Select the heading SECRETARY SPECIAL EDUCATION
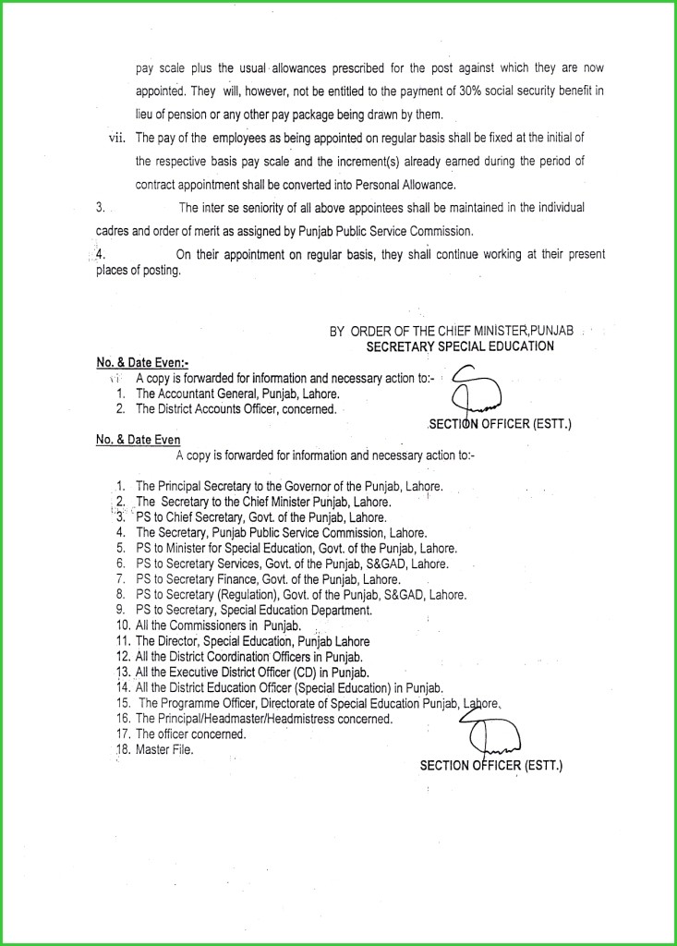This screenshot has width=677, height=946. click(460, 346)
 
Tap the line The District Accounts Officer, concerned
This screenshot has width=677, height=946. click(236, 408)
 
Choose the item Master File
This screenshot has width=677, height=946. click(165, 749)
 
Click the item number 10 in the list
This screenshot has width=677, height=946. click(121, 625)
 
